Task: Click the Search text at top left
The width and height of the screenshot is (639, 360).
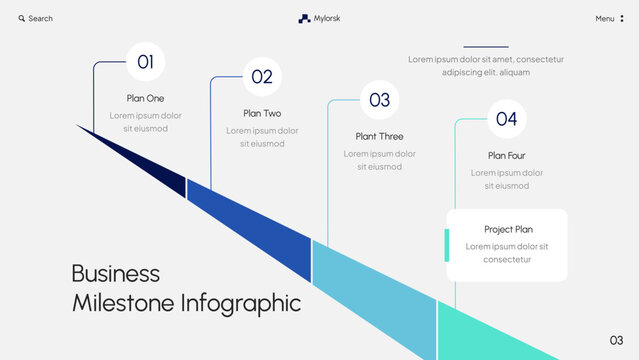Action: [41, 18]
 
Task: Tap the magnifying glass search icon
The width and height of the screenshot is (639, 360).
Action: [21, 18]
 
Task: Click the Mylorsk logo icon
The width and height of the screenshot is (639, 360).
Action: [304, 18]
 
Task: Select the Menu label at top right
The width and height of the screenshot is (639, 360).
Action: [605, 18]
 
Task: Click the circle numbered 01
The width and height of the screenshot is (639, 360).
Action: [145, 62]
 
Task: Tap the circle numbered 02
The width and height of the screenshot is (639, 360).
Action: [262, 76]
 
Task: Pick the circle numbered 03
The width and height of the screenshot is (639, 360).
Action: [379, 100]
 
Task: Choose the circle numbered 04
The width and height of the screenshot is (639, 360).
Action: [506, 120]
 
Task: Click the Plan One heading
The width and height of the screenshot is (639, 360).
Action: [145, 98]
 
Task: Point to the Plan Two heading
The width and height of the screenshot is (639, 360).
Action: [262, 113]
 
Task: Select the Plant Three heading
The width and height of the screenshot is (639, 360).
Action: [379, 136]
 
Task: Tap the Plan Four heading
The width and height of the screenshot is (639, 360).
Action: [506, 155]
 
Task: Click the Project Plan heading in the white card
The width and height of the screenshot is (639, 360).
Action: [508, 229]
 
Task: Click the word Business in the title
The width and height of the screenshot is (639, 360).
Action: [115, 273]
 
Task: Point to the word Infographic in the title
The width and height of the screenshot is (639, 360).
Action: [239, 302]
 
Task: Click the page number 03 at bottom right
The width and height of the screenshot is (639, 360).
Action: [616, 340]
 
